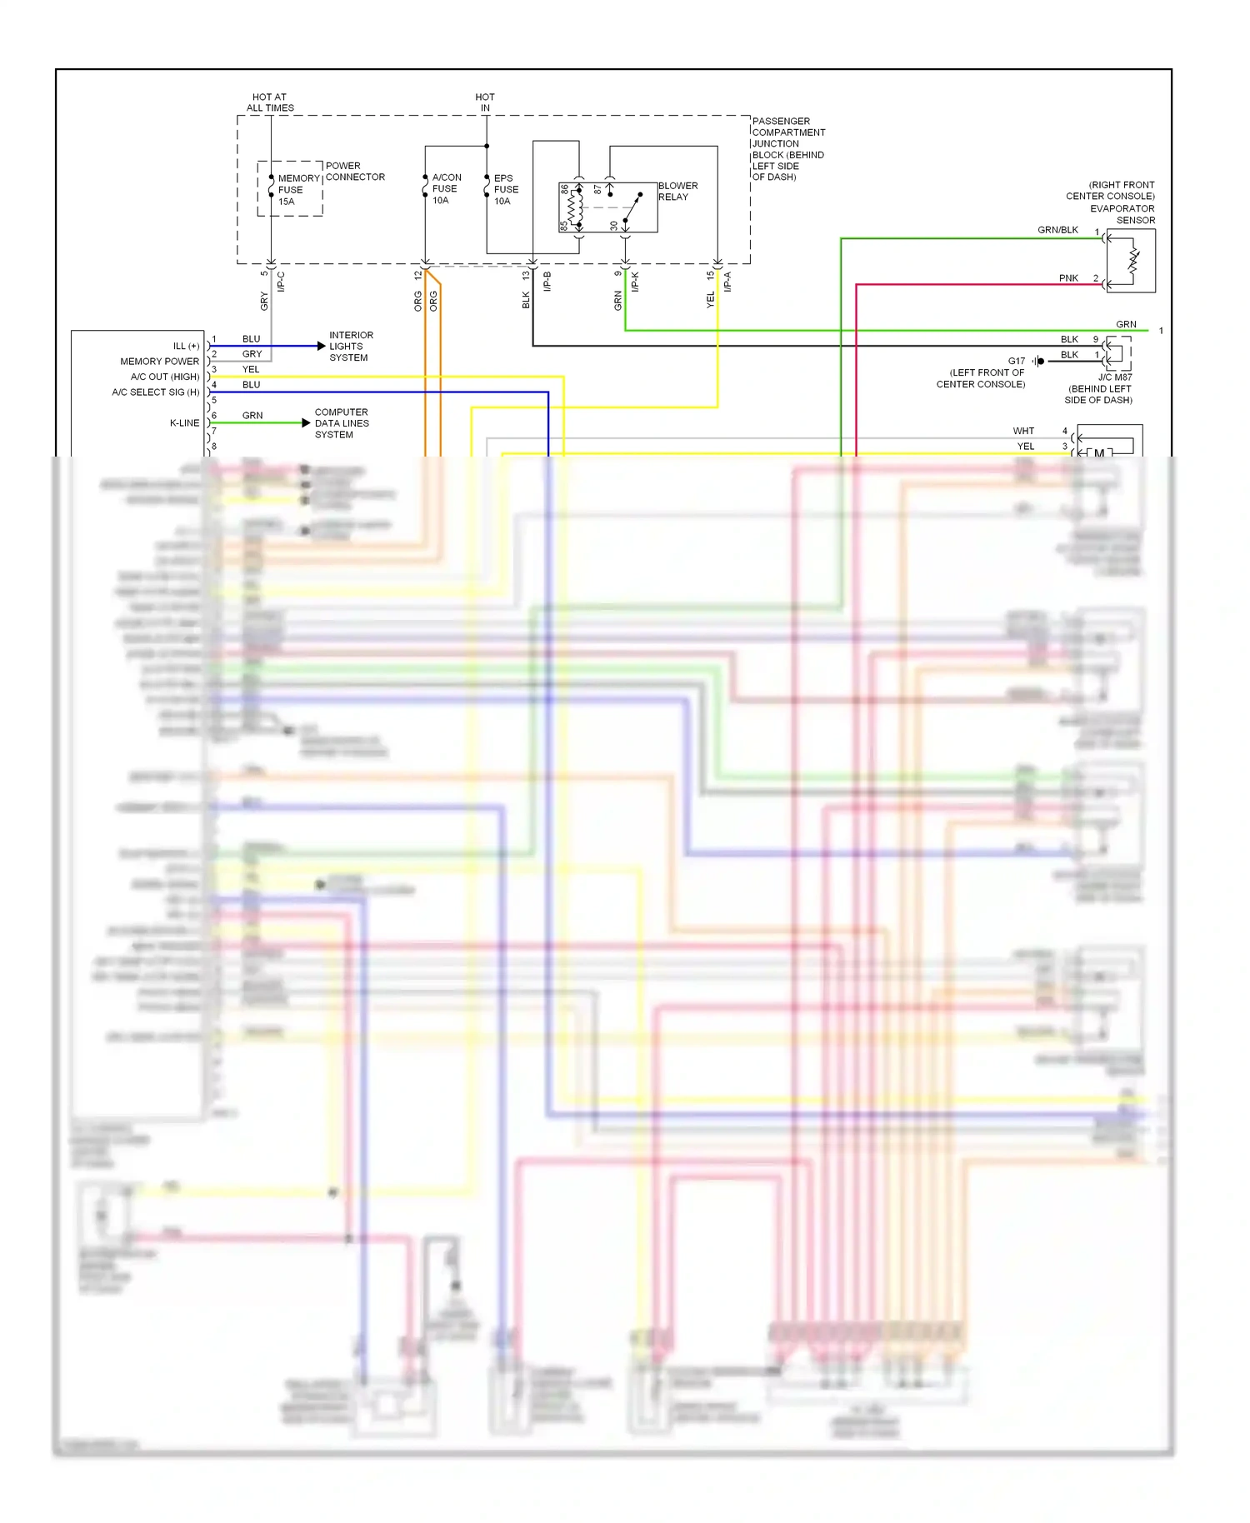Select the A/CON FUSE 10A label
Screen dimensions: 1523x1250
coord(446,189)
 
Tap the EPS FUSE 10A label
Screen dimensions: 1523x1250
coord(506,190)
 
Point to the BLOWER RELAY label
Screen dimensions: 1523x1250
coord(677,192)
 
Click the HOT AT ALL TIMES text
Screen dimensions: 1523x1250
coord(270,102)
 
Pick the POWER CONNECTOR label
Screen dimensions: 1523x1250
coord(355,172)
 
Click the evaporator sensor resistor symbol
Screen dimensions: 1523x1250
coord(1133,260)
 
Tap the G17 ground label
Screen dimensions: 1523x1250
coord(1017,362)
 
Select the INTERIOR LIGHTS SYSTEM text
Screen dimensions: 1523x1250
coord(351,347)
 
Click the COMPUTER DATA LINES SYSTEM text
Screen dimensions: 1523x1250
coord(342,423)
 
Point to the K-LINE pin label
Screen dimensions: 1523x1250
coord(184,423)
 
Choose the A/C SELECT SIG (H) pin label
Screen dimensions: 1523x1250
coord(156,392)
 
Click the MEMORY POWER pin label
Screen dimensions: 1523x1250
coord(159,362)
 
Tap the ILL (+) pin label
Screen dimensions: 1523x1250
coord(186,346)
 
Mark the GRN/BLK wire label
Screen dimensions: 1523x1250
coord(1057,230)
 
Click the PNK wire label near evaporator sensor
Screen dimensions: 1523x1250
coord(1068,278)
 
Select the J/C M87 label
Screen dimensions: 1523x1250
coord(1114,377)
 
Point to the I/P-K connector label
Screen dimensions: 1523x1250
coord(635,282)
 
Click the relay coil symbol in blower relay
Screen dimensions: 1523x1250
coord(572,207)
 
